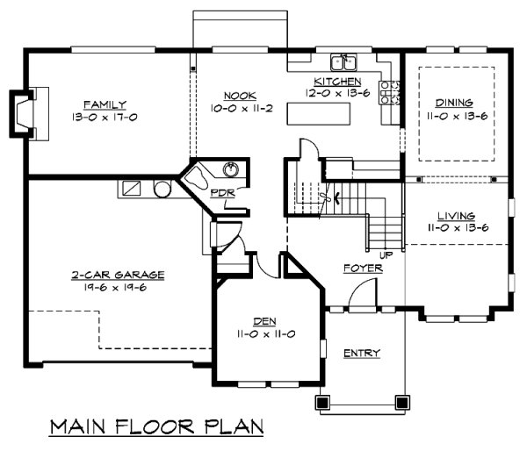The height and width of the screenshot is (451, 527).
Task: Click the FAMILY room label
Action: point(105,104)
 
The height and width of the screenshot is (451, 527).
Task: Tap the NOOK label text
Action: point(240,96)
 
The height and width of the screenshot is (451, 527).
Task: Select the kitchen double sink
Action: point(343,62)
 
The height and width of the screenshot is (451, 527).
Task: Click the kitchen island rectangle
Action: point(318,114)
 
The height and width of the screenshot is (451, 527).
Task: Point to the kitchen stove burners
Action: point(389,92)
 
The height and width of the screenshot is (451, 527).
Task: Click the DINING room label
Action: point(454,103)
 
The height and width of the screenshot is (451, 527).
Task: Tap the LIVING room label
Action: point(456,216)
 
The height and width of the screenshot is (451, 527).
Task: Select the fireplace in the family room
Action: point(29,114)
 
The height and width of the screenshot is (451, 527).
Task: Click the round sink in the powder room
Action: point(231,169)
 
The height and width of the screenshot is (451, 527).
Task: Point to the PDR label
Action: point(222,193)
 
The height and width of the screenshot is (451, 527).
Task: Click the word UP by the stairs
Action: point(386,255)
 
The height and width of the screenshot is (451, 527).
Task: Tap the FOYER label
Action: point(363,268)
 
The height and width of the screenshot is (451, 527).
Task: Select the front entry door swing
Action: point(362,294)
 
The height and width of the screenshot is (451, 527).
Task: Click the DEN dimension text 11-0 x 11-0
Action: point(266,334)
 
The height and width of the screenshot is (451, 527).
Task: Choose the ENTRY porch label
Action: point(362,354)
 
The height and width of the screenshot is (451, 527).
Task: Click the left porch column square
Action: point(322,402)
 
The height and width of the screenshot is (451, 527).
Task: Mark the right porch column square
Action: point(401,402)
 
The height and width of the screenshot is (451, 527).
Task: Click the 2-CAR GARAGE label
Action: point(118,275)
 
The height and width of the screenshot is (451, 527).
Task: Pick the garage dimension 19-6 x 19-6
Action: point(115,288)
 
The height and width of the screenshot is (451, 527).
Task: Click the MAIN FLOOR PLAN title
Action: point(156,427)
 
